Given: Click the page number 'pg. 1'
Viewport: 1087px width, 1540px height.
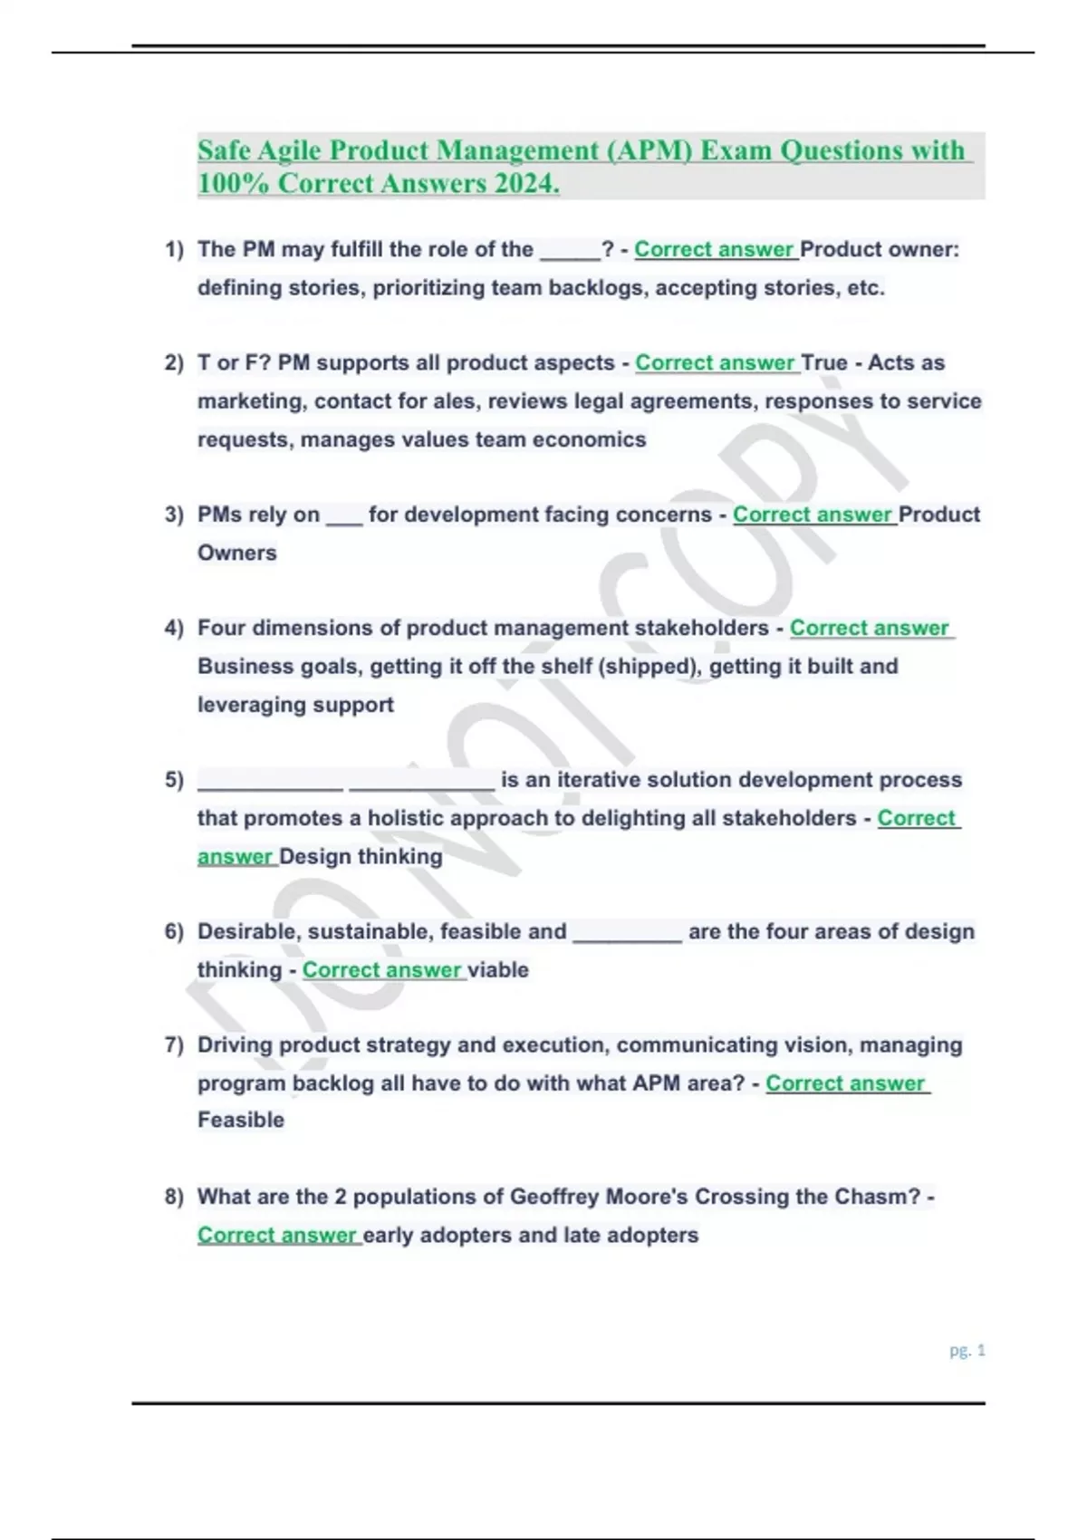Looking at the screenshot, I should point(967,1351).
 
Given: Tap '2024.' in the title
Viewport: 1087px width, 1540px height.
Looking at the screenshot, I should point(526,183).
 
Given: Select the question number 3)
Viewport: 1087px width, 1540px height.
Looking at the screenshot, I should point(174,515).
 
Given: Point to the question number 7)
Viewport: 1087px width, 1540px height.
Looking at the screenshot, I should point(174,1045).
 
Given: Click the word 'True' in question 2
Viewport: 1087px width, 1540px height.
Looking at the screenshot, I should point(824,363).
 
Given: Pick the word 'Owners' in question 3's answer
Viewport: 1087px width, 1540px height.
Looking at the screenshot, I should point(237,553).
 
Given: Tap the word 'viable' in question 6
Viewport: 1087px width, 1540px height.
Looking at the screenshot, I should point(498,970).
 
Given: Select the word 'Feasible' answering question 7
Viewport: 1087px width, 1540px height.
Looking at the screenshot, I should point(241,1121).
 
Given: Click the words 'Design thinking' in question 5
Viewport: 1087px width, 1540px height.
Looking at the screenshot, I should point(361,857).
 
